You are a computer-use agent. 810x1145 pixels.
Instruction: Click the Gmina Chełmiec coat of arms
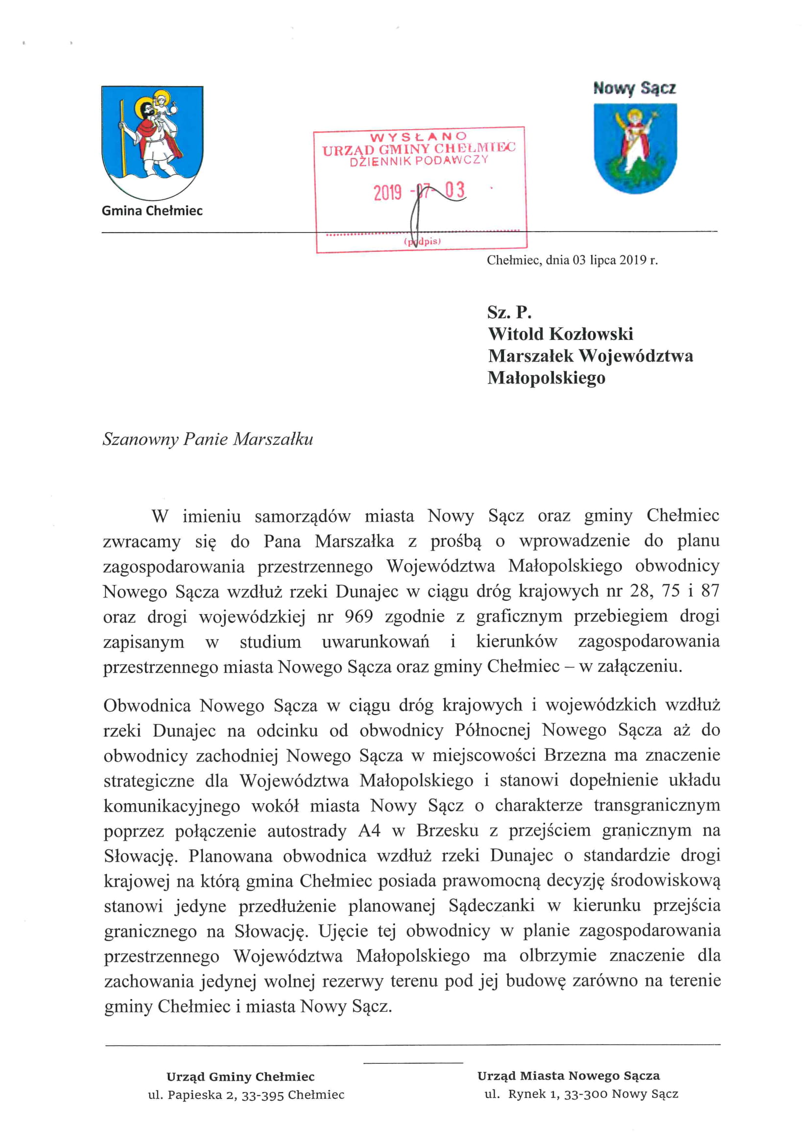point(152,142)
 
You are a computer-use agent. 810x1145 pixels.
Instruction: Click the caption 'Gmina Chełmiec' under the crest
point(152,211)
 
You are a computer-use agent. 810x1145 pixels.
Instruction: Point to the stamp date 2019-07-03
point(419,191)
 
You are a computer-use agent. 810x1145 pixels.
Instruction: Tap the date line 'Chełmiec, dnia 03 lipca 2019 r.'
point(572,260)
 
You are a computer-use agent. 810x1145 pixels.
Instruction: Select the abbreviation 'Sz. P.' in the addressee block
point(509,312)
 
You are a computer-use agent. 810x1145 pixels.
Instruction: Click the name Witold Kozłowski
point(561,334)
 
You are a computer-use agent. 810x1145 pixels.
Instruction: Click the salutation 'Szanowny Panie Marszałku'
point(208,439)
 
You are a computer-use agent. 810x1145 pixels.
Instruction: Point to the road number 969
point(358,617)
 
